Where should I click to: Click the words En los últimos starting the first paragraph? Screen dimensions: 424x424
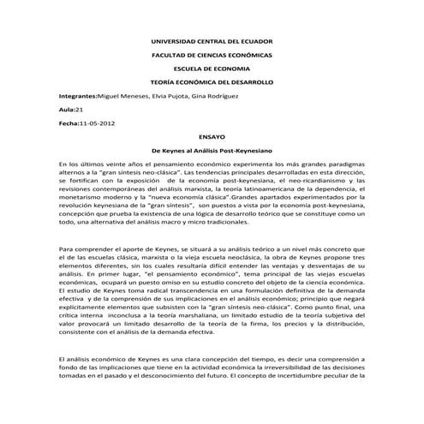(x=80, y=163)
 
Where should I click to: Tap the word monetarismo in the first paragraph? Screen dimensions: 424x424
(x=85, y=199)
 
